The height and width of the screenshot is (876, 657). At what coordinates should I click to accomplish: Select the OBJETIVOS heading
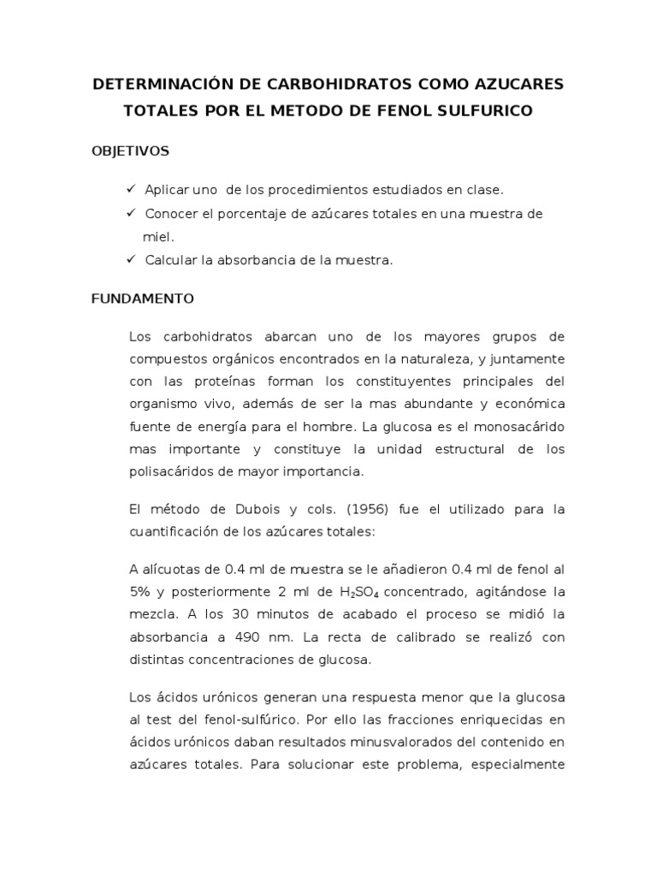(x=130, y=151)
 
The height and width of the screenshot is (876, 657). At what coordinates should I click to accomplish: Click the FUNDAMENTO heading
(x=143, y=299)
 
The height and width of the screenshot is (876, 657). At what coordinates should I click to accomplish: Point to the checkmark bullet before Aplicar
(x=131, y=188)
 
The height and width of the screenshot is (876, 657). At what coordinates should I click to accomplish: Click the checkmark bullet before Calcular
(x=131, y=260)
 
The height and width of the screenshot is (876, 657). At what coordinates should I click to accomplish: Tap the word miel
(x=157, y=236)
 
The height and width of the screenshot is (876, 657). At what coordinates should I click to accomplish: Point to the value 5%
(x=140, y=592)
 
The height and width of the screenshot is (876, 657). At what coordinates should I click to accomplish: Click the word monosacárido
(x=524, y=426)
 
